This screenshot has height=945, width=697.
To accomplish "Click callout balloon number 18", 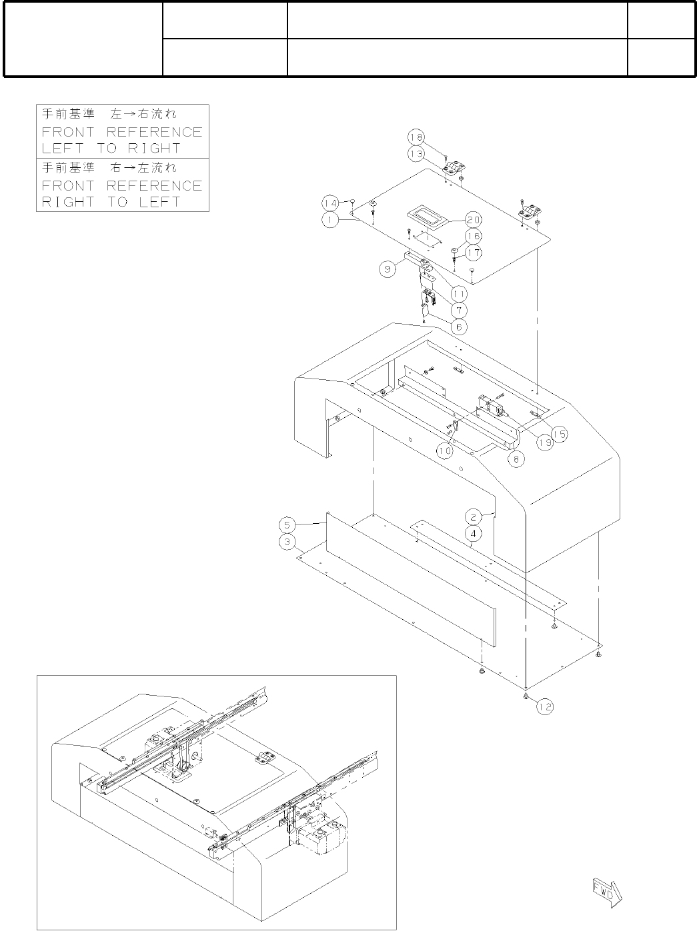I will (416, 137).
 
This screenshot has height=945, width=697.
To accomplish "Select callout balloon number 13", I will (416, 153).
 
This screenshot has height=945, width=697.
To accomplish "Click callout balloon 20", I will (474, 219).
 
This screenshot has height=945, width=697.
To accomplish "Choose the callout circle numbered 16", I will (474, 236).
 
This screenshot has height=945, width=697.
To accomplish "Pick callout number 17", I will (474, 253).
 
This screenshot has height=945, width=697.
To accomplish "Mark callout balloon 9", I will (389, 269).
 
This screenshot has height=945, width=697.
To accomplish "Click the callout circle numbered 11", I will (458, 293).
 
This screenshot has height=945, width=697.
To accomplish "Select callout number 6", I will (458, 327).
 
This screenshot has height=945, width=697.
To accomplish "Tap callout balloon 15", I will (559, 434).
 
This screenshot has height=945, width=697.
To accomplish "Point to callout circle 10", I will (445, 451).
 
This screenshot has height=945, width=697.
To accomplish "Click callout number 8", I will (516, 459).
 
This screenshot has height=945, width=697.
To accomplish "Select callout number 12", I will (545, 707).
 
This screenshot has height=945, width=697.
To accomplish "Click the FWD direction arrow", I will (606, 894).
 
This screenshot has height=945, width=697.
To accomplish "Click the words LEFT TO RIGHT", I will (111, 149).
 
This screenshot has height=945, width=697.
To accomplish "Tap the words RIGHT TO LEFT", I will (111, 202).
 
